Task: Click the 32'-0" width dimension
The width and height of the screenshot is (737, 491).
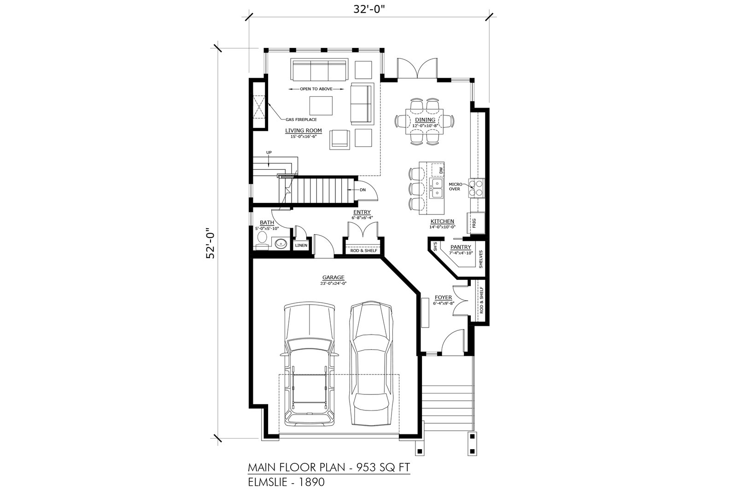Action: point(369,10)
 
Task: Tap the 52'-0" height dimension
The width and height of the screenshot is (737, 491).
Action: point(210,243)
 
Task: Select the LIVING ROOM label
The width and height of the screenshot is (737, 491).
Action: point(304,131)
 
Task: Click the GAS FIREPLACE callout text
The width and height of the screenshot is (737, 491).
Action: point(301,120)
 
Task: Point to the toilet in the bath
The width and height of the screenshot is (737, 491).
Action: point(262,241)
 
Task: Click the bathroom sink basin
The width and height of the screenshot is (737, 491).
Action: point(281,243)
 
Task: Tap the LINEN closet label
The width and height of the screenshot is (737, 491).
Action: point(301,246)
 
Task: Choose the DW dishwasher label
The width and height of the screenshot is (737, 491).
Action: point(441,170)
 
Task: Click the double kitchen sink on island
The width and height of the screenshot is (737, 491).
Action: point(437,188)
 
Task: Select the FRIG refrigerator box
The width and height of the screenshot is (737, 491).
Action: point(475,223)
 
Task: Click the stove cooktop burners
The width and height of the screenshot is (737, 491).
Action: point(476,188)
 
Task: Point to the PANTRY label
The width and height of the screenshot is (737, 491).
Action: point(461,247)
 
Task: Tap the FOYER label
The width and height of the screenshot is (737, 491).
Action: point(443,297)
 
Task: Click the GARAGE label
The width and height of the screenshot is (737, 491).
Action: point(333,277)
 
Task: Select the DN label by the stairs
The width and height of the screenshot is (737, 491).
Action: point(363,190)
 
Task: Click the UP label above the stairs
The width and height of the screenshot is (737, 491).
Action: point(269,152)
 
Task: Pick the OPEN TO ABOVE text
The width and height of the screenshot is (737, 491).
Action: point(316,89)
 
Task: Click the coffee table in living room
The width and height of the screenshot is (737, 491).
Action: point(321,105)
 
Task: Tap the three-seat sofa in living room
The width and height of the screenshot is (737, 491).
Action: point(319,69)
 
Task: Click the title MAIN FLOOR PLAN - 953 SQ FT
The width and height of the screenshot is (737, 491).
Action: point(329,468)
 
